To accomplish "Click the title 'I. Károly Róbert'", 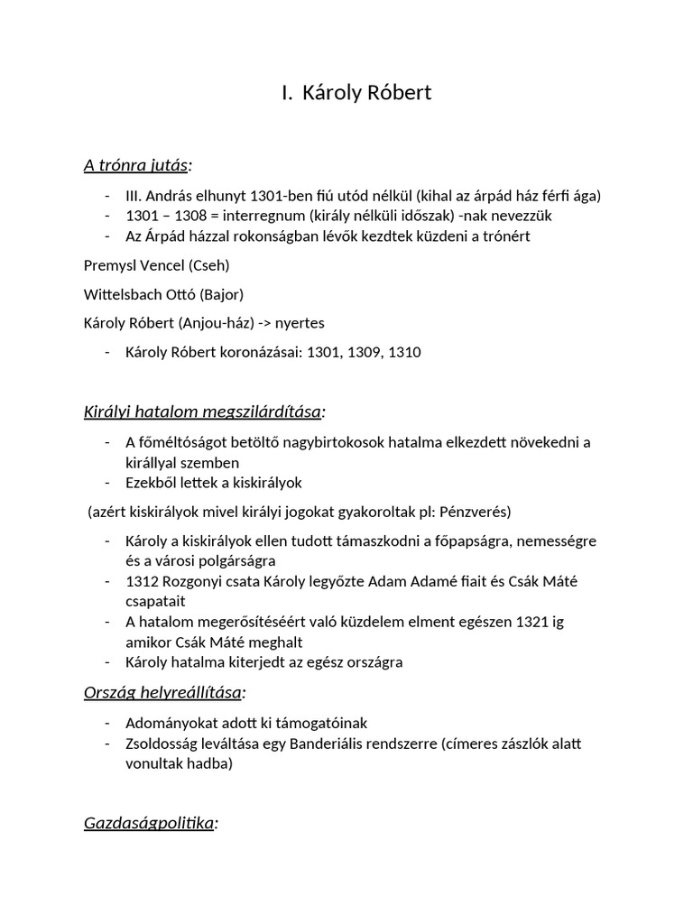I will (x=356, y=92).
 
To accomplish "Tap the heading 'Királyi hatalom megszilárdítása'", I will (x=202, y=411).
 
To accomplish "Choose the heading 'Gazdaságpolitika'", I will (x=149, y=823).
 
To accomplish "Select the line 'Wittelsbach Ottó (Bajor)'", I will (x=163, y=294).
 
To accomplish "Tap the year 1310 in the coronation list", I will (x=402, y=352).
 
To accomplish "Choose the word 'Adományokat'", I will (x=171, y=723).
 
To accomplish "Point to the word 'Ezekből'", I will (x=152, y=483).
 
